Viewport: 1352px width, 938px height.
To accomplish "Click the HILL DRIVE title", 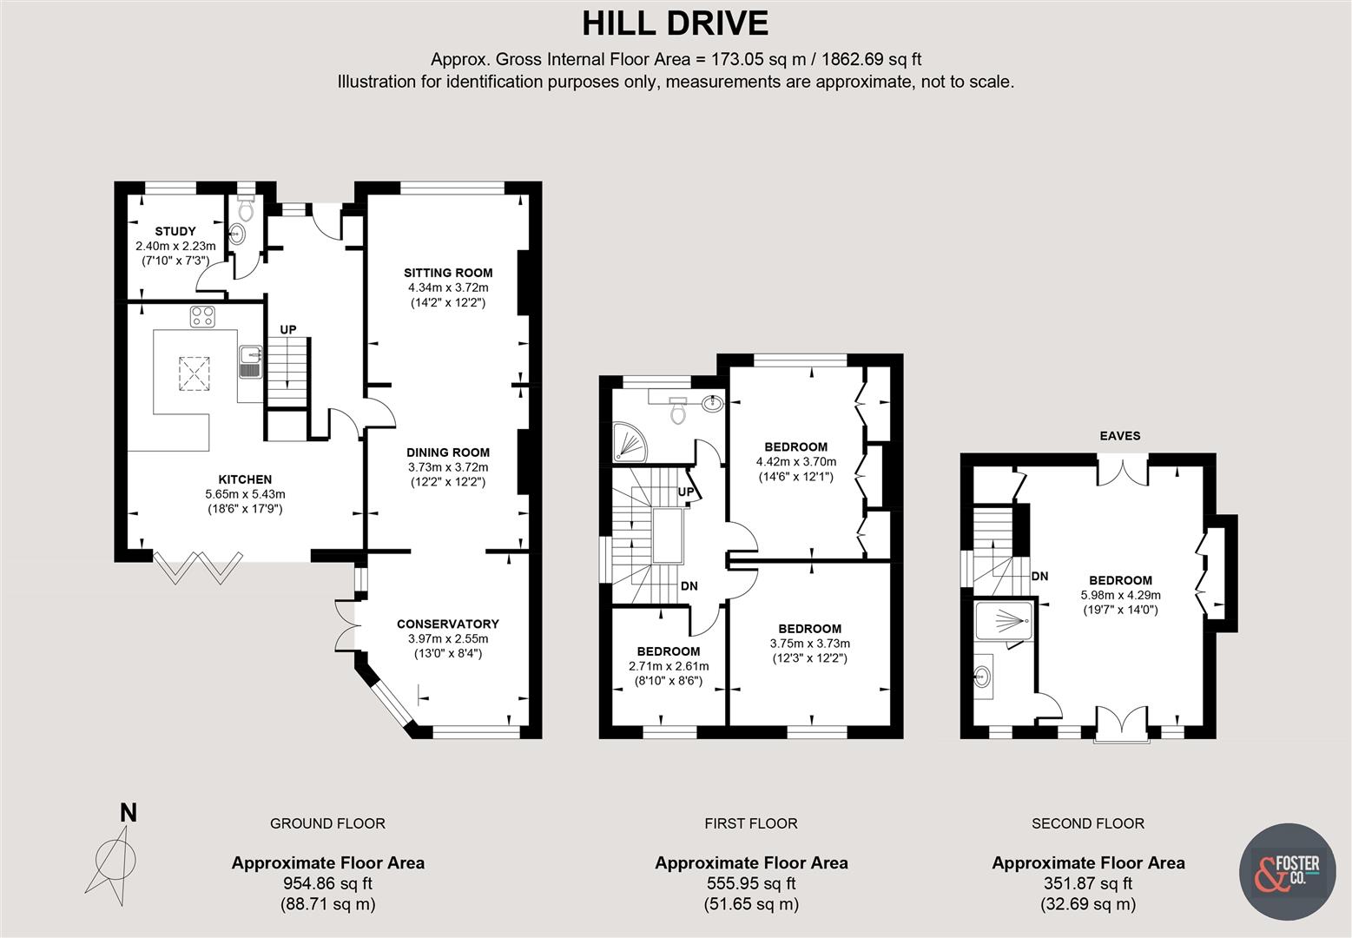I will [x=675, y=23].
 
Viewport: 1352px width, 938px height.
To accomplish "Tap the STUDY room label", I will [x=175, y=231].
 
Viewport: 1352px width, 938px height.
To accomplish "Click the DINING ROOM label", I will [x=448, y=452].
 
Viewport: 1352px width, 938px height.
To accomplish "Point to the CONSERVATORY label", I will [x=448, y=624].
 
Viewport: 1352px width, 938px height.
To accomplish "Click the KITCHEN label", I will [x=245, y=479].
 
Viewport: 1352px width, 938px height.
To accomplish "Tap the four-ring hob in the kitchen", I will [x=203, y=317].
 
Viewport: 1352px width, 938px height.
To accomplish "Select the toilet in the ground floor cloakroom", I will [x=246, y=209].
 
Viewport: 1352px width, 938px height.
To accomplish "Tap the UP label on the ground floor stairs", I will [x=288, y=329].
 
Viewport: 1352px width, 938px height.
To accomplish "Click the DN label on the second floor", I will [x=1039, y=576].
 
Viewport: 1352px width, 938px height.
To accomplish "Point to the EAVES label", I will [x=1120, y=436].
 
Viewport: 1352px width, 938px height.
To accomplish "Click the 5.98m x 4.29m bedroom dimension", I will [x=1120, y=595].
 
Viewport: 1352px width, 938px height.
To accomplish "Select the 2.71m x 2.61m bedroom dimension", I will [x=669, y=666].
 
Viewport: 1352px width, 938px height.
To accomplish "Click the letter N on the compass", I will [x=129, y=813].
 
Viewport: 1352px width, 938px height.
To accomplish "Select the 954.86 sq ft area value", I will [x=327, y=883].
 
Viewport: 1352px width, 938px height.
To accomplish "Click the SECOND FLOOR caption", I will [x=1087, y=823].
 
